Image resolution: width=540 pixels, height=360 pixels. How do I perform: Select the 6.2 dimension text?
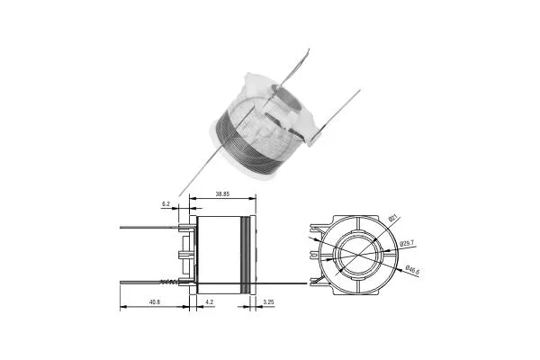pos(166,205)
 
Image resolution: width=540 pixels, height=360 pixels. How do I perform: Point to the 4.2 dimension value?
pos(210,302)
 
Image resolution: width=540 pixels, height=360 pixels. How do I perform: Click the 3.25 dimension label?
pos(268,302)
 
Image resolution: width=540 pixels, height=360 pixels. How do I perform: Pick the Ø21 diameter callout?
pos(392,220)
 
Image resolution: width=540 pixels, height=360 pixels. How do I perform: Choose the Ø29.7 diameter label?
pos(406,243)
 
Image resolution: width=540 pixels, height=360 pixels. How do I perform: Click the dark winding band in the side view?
pos(245,256)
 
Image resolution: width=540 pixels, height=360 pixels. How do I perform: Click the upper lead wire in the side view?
pos(148,228)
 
